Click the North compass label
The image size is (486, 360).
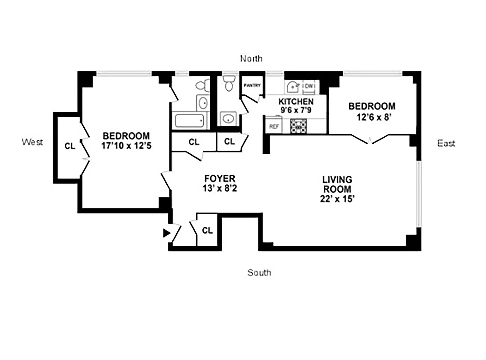click(251, 59)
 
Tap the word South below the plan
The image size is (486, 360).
click(259, 273)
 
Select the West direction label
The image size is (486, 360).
click(32, 142)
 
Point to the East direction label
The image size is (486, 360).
click(446, 143)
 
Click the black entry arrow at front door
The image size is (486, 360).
click(166, 233)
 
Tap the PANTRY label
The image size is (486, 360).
click(252, 85)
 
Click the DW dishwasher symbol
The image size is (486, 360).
click(309, 86)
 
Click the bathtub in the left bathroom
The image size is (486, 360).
click(190, 121)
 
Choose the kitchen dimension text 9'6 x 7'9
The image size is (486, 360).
click(296, 110)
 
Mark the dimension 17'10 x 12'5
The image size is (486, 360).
click(126, 146)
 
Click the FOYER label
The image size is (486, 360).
click(220, 178)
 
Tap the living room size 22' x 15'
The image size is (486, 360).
click(337, 199)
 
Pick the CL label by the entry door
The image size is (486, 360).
click(207, 231)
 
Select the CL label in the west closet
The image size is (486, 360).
click(70, 146)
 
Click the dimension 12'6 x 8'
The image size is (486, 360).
click(373, 117)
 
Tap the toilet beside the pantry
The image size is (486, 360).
click(229, 83)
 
